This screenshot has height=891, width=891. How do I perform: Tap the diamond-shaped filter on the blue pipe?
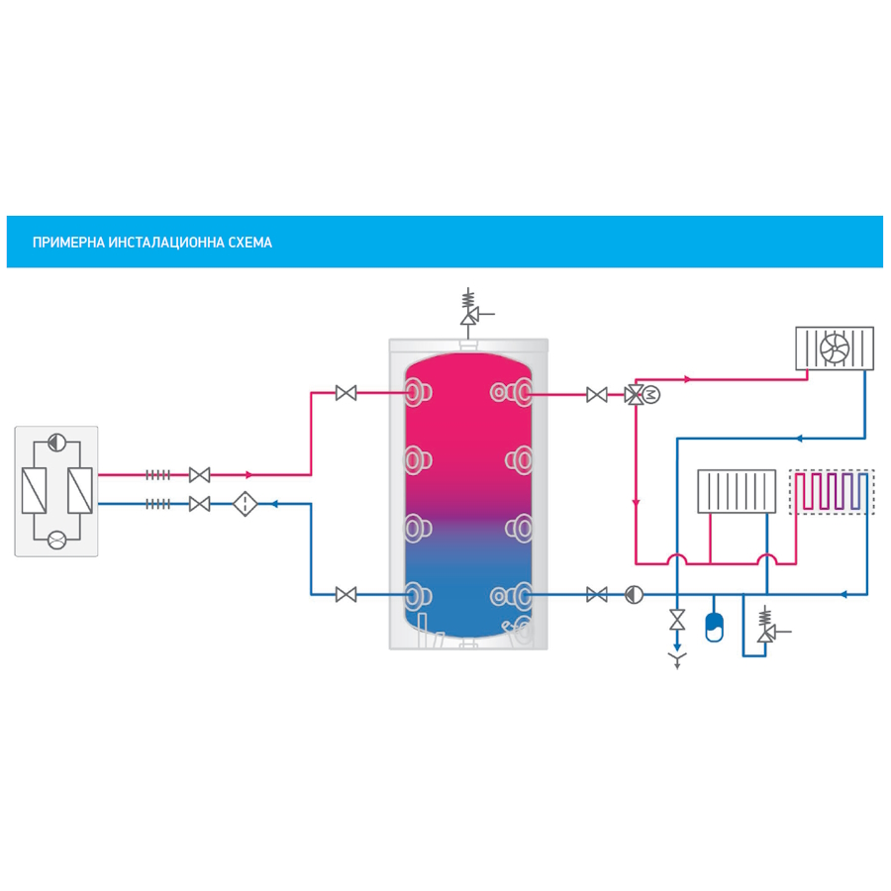[243, 504]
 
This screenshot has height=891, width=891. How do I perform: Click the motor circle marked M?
[651, 395]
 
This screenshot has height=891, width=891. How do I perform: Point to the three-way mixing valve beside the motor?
[633, 395]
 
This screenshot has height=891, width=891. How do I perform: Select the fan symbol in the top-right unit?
[836, 347]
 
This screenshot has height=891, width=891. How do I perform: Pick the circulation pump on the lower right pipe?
[634, 595]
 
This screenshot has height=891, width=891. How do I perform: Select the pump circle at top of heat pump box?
[56, 443]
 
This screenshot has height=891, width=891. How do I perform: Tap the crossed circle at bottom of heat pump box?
[56, 540]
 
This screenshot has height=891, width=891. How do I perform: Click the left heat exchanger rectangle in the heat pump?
[35, 491]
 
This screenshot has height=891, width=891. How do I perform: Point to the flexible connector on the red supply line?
[158, 475]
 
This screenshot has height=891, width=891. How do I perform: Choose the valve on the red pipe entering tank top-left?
[346, 393]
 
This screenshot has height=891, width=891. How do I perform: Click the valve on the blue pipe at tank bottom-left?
[346, 595]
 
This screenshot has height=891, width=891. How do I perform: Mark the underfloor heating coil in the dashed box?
[832, 492]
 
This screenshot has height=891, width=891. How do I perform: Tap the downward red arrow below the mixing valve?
[635, 501]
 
